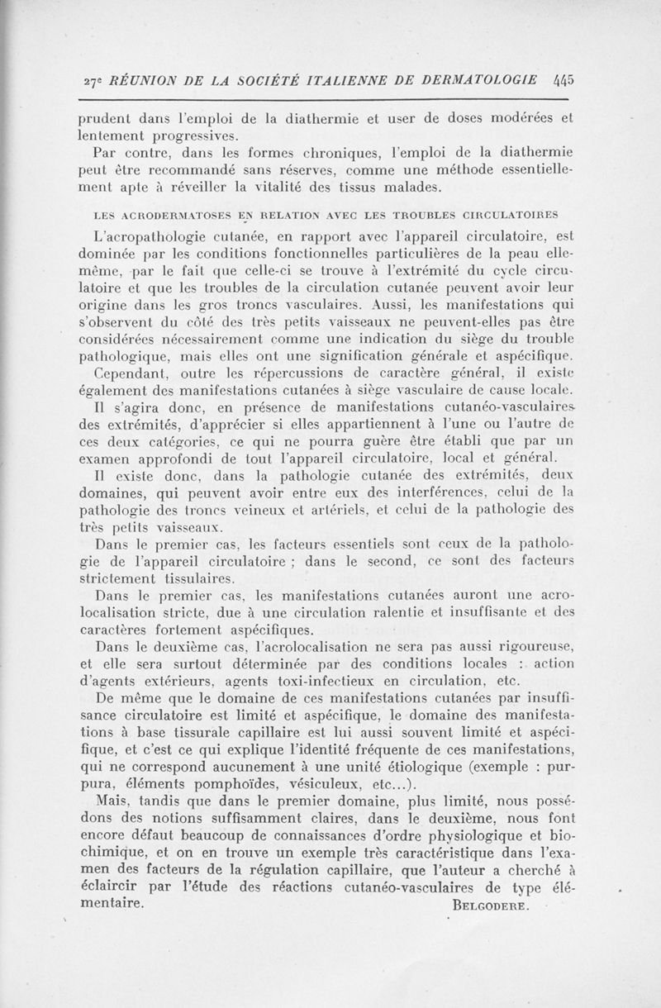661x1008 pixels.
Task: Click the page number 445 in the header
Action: [x=559, y=80]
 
